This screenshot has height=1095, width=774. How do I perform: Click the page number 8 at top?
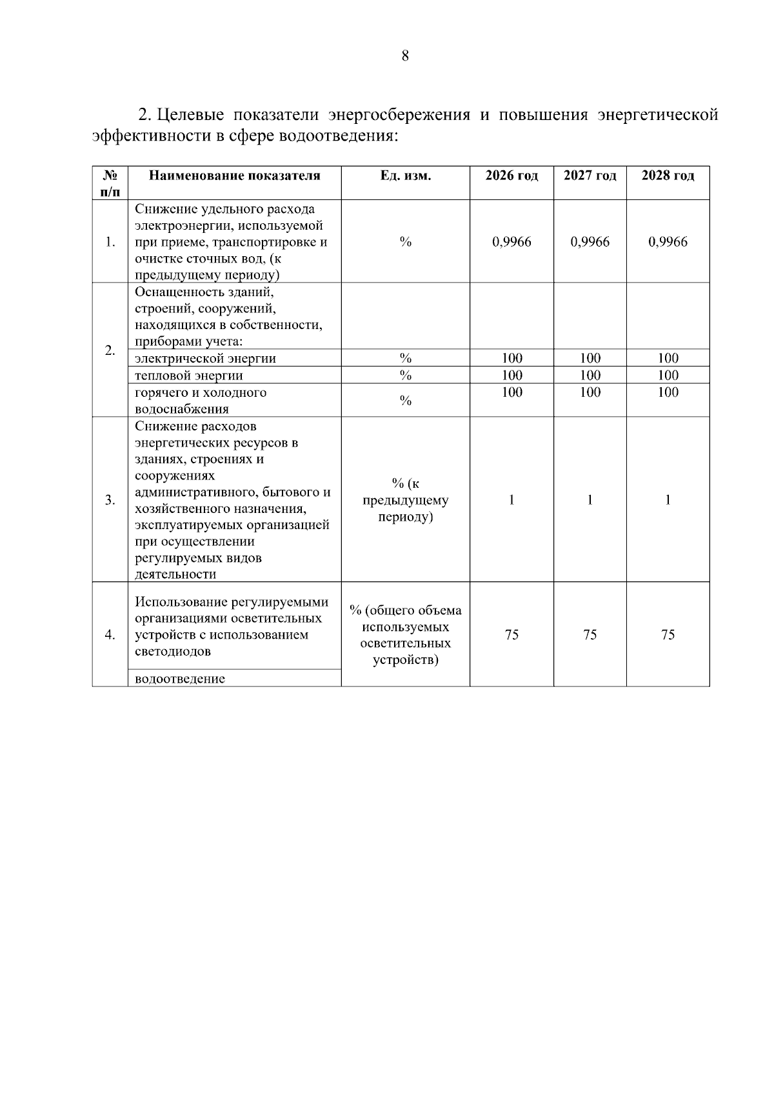click(x=405, y=56)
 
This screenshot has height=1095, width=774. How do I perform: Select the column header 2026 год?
click(x=511, y=176)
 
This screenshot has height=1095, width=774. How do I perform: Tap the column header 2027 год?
click(x=590, y=176)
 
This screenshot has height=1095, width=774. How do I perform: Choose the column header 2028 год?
click(x=668, y=176)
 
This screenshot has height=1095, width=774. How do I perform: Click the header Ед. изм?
click(x=405, y=176)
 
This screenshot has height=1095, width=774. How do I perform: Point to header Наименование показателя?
click(x=234, y=176)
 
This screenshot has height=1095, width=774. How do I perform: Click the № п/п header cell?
click(x=110, y=183)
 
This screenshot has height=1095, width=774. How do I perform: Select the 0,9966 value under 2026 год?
click(x=511, y=242)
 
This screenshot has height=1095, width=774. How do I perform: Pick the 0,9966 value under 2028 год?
click(x=668, y=242)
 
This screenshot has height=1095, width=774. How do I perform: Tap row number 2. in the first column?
click(x=110, y=350)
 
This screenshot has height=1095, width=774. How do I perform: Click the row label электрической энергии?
click(x=205, y=359)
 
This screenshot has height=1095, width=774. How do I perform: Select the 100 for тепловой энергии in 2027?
click(x=590, y=376)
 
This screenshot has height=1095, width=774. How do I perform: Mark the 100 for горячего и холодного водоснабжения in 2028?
click(x=668, y=392)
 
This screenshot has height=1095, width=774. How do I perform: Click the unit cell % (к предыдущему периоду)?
click(x=405, y=500)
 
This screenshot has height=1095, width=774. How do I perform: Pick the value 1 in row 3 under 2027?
click(x=590, y=500)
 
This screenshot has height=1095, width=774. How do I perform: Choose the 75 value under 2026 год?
click(x=511, y=635)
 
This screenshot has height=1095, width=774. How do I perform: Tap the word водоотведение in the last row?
click(x=180, y=679)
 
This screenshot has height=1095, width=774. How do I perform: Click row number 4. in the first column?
click(x=110, y=635)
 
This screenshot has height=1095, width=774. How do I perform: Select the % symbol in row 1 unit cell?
click(x=405, y=242)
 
